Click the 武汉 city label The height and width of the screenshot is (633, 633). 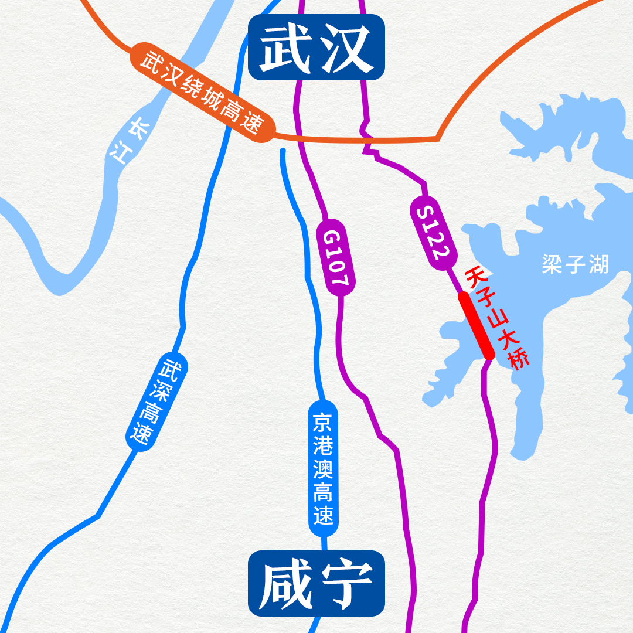pyautogui.click(x=316, y=47)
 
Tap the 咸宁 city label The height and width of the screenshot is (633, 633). pyautogui.click(x=316, y=583)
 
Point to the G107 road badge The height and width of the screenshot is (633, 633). pyautogui.click(x=335, y=258)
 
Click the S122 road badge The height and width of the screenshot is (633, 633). pyautogui.click(x=433, y=234)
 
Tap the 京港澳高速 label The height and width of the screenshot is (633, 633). pyautogui.click(x=323, y=468)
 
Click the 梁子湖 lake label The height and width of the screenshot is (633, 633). pyautogui.click(x=576, y=264)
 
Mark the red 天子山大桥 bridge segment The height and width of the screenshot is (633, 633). pyautogui.click(x=475, y=325)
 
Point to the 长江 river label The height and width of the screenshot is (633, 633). pyautogui.click(x=128, y=141)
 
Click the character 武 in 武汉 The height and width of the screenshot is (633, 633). pyautogui.click(x=285, y=47)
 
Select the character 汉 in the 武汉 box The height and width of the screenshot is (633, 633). pyautogui.click(x=348, y=47)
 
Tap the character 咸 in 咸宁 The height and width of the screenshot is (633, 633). pyautogui.click(x=285, y=583)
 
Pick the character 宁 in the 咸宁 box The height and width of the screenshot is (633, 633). pyautogui.click(x=348, y=583)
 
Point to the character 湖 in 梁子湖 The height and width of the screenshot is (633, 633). pyautogui.click(x=598, y=264)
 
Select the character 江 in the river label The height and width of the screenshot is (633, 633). pyautogui.click(x=120, y=154)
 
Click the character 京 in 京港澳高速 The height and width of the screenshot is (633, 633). pyautogui.click(x=323, y=421)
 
